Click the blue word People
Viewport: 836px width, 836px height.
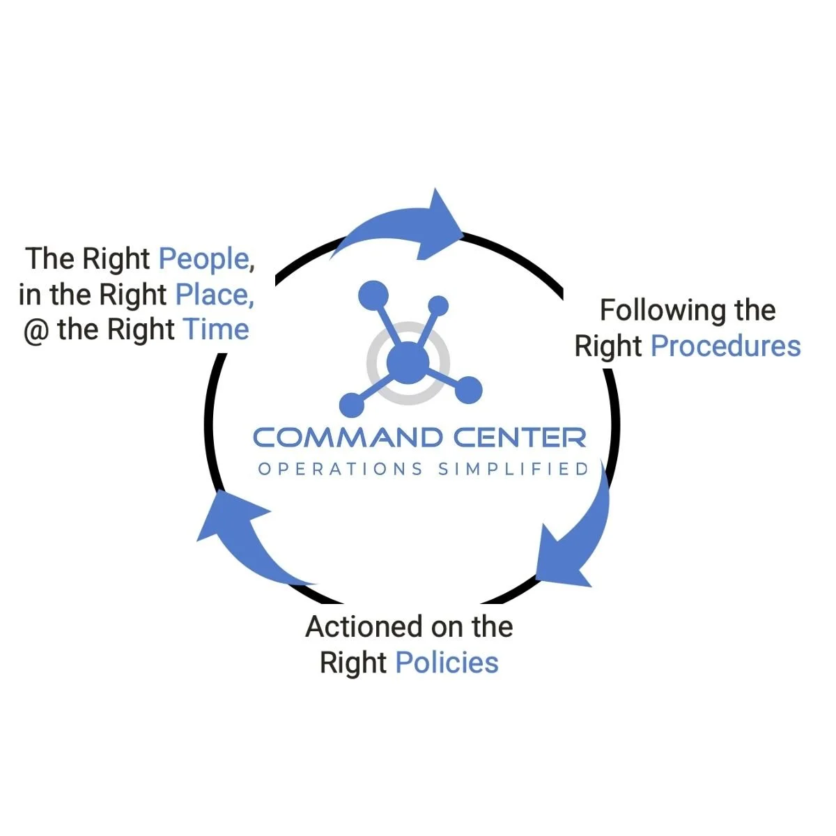[203, 259]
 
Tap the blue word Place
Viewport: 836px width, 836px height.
[213, 295]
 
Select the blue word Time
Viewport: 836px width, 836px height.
[216, 330]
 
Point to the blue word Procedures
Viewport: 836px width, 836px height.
[725, 346]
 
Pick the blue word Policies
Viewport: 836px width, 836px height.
[447, 663]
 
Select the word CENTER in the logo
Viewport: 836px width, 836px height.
[520, 438]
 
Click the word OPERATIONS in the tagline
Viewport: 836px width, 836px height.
[340, 469]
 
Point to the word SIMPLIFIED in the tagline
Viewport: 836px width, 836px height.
[514, 469]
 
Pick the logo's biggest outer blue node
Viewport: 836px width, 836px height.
[373, 294]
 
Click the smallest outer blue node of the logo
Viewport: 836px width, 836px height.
[438, 305]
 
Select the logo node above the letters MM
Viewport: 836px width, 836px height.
[352, 404]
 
